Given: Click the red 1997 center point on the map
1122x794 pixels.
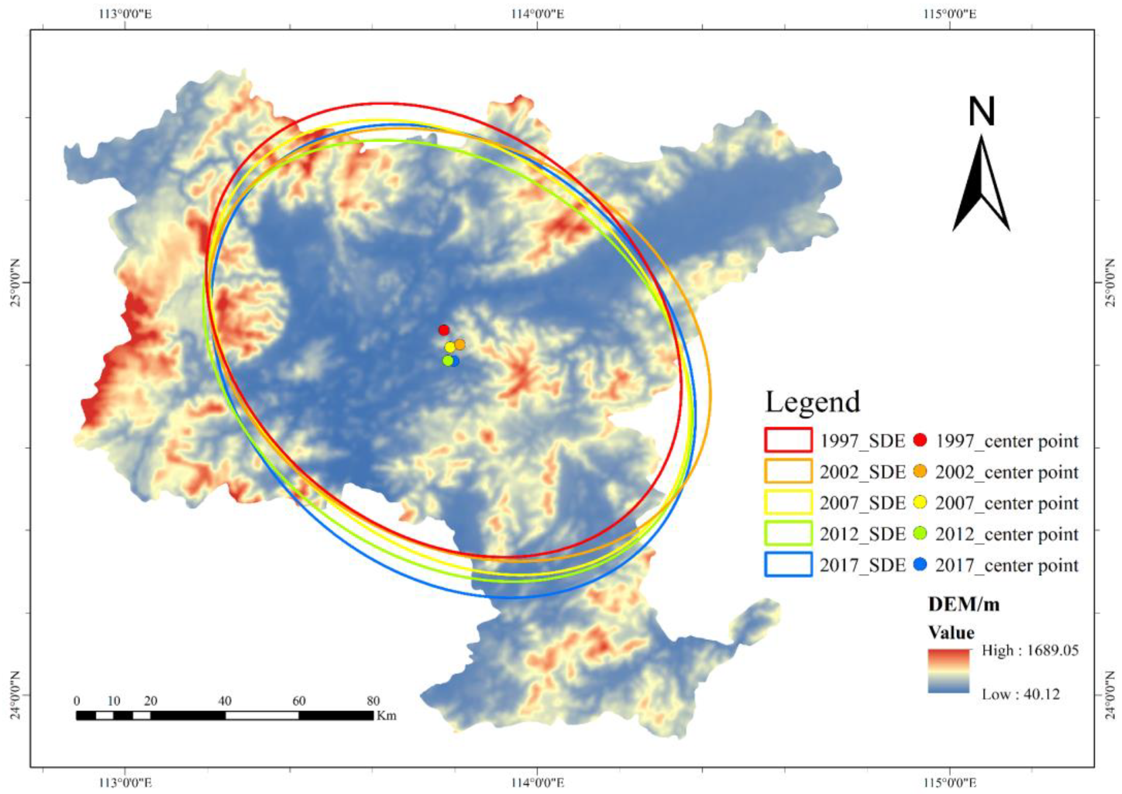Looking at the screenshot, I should (x=444, y=330).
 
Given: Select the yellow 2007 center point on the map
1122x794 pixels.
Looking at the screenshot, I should (x=450, y=347).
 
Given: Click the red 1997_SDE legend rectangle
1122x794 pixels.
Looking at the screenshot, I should (x=788, y=440).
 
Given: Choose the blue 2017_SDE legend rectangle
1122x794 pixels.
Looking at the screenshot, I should (x=788, y=564).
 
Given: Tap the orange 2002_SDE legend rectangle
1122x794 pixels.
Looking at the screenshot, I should (x=788, y=471).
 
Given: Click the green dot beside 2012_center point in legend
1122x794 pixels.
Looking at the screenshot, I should (x=920, y=534).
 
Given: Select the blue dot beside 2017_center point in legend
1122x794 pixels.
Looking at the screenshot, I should (x=920, y=565).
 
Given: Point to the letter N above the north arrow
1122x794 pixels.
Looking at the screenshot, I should (x=981, y=112).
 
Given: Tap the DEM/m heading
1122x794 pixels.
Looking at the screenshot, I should (x=964, y=605).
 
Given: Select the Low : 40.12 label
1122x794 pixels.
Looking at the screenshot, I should (x=1021, y=694).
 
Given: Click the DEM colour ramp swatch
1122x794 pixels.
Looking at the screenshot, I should (x=948, y=671).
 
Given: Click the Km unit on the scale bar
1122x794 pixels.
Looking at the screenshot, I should (x=387, y=716).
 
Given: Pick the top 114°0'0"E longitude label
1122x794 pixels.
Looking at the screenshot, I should (x=538, y=14).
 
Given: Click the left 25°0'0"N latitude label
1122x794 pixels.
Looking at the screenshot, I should (x=15, y=283).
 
